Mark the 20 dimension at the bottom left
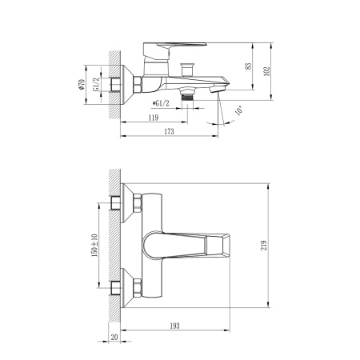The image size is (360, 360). pyautogui.click(x=114, y=338)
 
